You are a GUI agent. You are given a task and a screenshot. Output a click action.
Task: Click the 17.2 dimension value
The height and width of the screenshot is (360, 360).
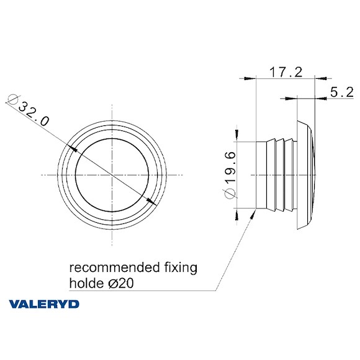pos(285,73)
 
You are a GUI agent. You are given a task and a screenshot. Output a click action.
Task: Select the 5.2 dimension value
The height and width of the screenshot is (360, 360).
pos(341,92)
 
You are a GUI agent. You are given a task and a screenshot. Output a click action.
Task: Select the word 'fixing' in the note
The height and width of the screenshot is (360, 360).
pos(177,269)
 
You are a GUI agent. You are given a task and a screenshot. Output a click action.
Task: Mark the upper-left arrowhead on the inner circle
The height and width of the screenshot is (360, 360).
pos(76,150)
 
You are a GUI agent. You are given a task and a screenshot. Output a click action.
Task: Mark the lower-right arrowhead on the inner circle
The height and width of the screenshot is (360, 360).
pos(151,201)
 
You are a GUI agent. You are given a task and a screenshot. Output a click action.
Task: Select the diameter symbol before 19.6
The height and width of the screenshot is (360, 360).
pos(230,195)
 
